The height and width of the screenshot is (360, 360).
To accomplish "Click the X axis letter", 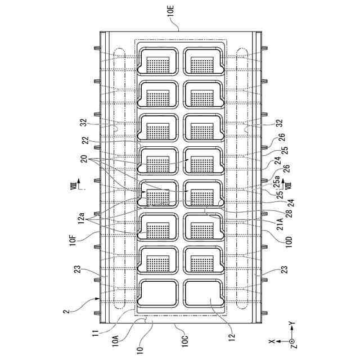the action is (x=272, y=341).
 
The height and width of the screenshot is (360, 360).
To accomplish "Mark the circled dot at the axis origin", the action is (x=291, y=341).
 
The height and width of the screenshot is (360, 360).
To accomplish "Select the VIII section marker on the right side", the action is (x=289, y=184).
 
